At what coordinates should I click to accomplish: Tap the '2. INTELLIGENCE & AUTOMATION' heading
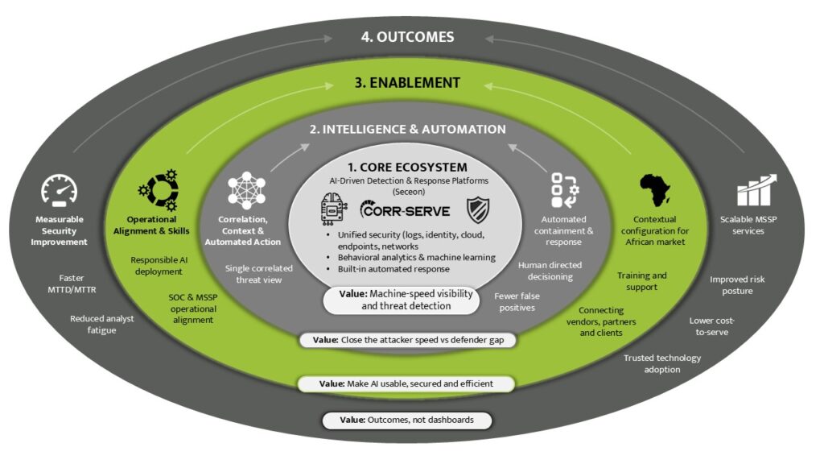point(409,129)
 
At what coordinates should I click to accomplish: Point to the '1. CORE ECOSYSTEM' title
point(407,167)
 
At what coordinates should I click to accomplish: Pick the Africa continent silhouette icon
point(654,191)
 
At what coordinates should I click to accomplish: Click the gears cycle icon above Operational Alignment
point(158,190)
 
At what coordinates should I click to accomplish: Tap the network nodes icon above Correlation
point(248,191)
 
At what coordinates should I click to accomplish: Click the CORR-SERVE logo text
point(405,213)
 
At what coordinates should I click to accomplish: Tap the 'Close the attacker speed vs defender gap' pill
point(407,340)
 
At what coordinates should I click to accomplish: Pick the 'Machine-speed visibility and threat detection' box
point(406,300)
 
